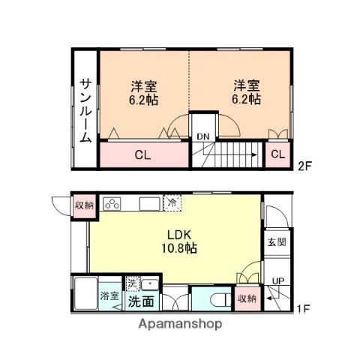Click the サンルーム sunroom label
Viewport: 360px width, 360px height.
coord(85,110)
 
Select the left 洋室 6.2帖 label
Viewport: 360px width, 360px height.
coord(141,92)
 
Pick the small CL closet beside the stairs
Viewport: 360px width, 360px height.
coord(277,154)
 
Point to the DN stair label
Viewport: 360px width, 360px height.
coord(202,136)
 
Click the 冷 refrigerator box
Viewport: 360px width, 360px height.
coord(172,202)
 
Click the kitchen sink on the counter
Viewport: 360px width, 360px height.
coord(146,203)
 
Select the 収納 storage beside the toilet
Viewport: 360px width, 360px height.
coord(245,298)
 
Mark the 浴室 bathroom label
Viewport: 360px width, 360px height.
coord(109,295)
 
